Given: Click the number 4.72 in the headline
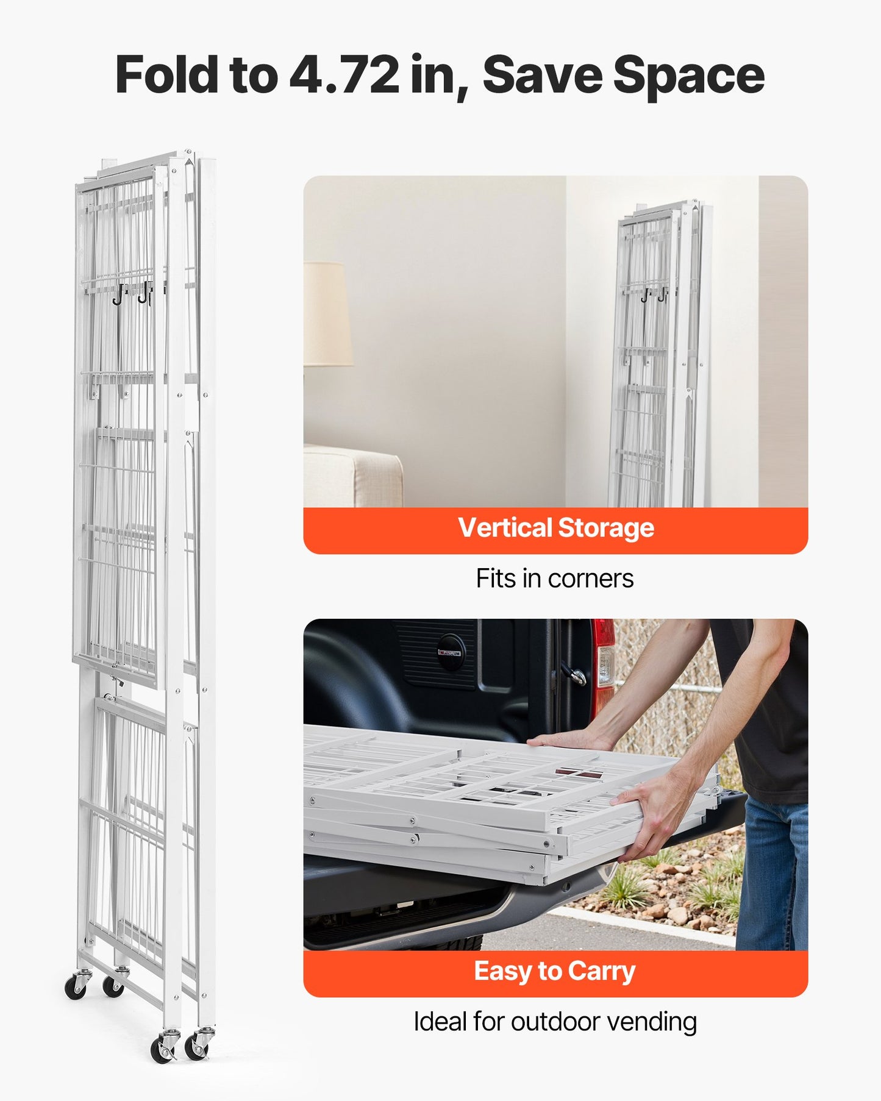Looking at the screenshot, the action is click(344, 75).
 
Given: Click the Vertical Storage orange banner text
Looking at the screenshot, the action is click(556, 528).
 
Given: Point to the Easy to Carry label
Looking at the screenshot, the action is click(555, 971).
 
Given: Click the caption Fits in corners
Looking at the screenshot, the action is click(555, 579).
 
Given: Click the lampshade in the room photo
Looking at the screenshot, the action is click(328, 315).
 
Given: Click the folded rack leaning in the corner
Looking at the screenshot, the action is click(662, 354).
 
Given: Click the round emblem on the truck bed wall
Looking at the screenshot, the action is click(451, 652).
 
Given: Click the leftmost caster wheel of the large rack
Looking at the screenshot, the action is click(76, 986).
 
